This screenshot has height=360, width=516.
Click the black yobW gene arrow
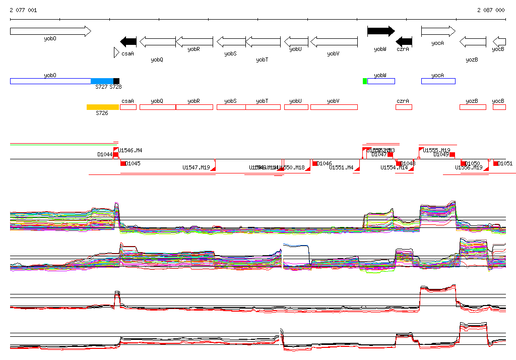pos(381,31)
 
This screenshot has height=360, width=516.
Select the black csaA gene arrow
pos(128,41)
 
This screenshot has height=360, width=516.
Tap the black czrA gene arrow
pos(404,41)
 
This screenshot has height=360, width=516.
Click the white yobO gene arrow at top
pos(50,31)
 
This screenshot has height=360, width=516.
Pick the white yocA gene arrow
pos(438,31)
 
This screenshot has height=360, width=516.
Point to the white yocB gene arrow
pos(499,41)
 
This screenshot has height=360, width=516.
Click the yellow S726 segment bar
pos(103,107)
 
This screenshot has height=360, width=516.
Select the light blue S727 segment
pos(102,81)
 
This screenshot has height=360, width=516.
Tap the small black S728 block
pos(116,81)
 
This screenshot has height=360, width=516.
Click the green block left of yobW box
pos(365,81)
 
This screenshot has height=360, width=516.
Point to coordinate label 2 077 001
pos(23,10)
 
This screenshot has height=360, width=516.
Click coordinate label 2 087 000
pos(490,10)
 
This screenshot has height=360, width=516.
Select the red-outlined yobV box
pos(334,107)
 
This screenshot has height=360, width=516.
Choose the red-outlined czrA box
pos(404,107)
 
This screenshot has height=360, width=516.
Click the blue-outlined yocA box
pos(438,81)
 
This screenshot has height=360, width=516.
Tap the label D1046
pos(325,163)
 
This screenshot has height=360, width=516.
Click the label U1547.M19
pos(196,167)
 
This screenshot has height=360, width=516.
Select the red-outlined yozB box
pos(473,107)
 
